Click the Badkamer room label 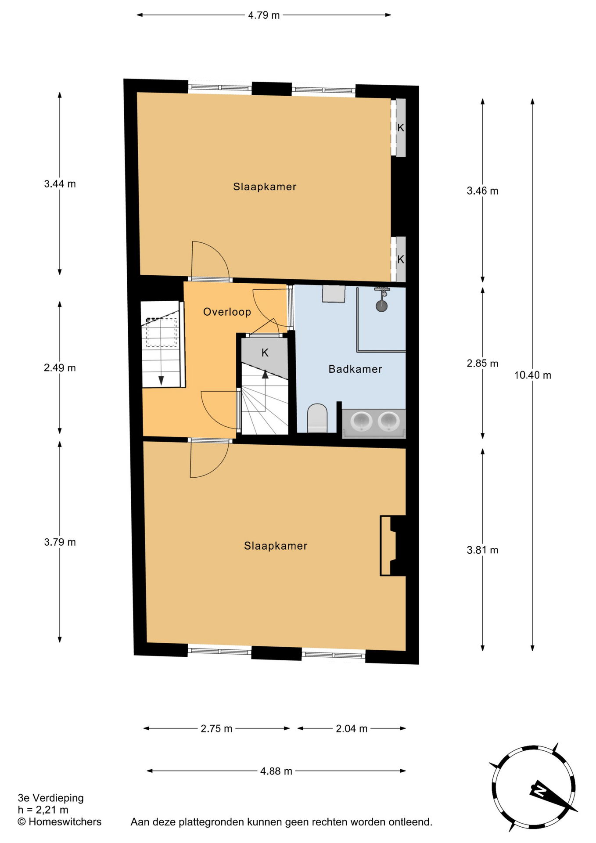coord(355,369)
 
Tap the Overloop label coord(227,312)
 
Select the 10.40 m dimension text coord(532,375)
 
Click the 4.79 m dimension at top coord(264,15)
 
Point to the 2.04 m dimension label coord(352,729)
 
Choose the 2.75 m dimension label coord(216,729)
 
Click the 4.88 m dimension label coord(276,771)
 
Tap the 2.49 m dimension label coord(60,368)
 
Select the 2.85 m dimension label coord(482,364)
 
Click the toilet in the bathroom coord(317,418)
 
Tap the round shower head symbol coord(382,306)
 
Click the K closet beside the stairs coord(265,353)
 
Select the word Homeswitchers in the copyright coord(65,822)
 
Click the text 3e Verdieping coord(50,798)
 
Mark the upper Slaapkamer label coord(265,187)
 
